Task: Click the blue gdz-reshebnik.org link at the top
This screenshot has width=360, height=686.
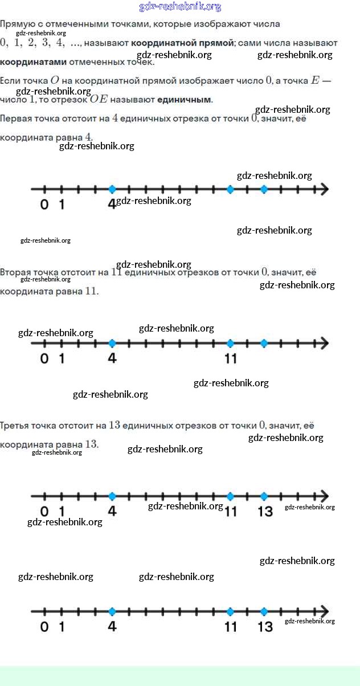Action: pyautogui.click(x=180, y=7)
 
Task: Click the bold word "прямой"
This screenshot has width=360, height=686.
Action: pyautogui.click(x=214, y=43)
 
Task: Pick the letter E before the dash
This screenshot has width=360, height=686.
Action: pyautogui.click(x=315, y=81)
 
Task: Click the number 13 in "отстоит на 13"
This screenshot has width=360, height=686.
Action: pyautogui.click(x=114, y=425)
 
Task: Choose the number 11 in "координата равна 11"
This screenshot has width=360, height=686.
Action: pyautogui.click(x=91, y=291)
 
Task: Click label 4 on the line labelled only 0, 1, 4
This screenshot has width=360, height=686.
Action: pyautogui.click(x=112, y=203)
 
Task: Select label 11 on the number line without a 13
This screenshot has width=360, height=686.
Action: pyautogui.click(x=230, y=358)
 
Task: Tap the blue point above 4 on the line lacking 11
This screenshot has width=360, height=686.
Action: pyautogui.click(x=112, y=189)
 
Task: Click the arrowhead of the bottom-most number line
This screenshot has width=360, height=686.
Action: pyautogui.click(x=324, y=611)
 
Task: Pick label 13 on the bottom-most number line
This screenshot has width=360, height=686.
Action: pyautogui.click(x=265, y=627)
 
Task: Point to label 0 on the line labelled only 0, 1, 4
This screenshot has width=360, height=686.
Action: pyautogui.click(x=44, y=203)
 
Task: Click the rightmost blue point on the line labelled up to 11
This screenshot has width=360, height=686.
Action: pyautogui.click(x=264, y=343)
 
